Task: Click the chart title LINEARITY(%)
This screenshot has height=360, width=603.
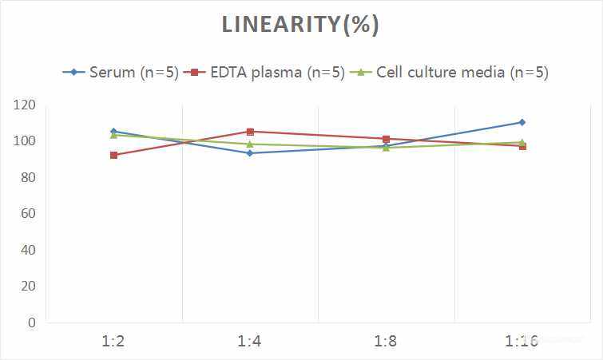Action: click(300, 26)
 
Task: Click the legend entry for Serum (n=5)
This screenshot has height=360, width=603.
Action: click(121, 72)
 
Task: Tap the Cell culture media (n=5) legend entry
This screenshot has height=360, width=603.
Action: click(452, 72)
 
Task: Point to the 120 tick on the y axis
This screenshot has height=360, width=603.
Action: click(24, 105)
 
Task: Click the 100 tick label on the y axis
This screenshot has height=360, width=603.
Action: click(24, 141)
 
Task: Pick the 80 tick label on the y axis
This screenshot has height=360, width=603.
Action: click(27, 177)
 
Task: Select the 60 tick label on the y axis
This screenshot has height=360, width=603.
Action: click(27, 214)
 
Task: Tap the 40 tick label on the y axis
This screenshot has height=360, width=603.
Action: click(27, 250)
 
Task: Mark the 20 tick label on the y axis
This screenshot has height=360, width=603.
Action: click(27, 287)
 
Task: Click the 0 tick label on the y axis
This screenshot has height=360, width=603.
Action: click(31, 322)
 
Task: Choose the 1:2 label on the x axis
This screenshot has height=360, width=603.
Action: click(113, 342)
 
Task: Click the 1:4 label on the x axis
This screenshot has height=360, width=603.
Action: click(250, 342)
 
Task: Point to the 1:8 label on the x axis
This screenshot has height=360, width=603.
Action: click(386, 342)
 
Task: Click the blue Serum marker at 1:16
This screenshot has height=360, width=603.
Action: click(522, 122)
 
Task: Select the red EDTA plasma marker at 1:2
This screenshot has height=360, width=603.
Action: click(113, 155)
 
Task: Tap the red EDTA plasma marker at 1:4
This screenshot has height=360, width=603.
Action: click(250, 132)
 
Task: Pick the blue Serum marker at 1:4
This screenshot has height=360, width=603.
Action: click(250, 152)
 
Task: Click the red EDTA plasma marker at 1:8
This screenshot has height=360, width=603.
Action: click(386, 139)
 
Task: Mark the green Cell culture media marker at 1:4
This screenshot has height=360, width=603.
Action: click(250, 144)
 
